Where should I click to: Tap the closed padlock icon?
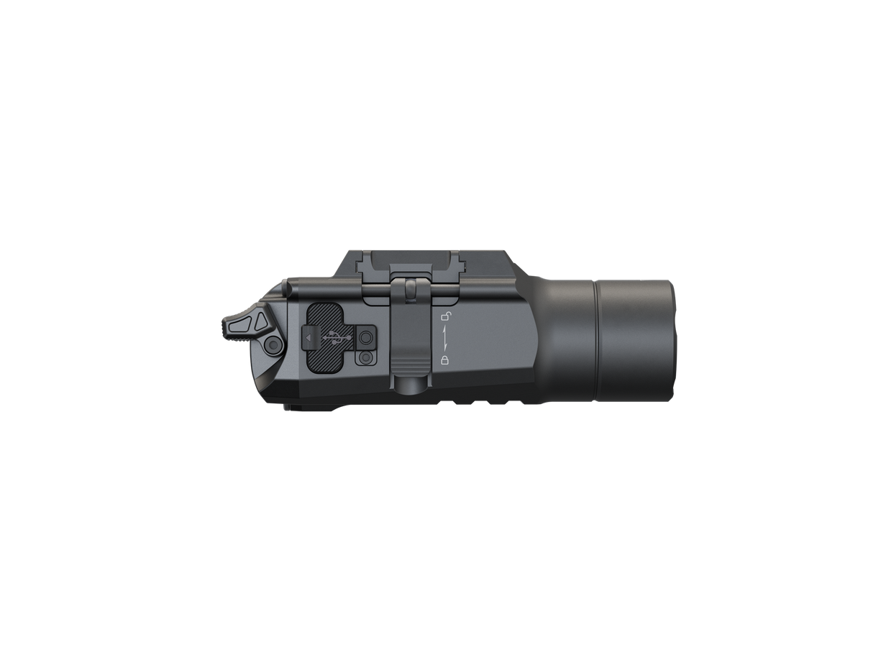pyautogui.click(x=445, y=359)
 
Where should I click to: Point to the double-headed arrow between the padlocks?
pyautogui.click(x=445, y=337)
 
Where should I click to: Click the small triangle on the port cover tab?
pyautogui.click(x=308, y=336)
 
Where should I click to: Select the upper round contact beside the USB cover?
pyautogui.click(x=367, y=336)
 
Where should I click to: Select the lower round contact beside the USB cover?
pyautogui.click(x=367, y=357)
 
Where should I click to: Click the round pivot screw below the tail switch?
pyautogui.click(x=273, y=346)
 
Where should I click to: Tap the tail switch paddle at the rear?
pyautogui.click(x=241, y=324)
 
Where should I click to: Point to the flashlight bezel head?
pyautogui.click(x=633, y=338)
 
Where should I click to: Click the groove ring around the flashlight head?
pyautogui.click(x=595, y=338)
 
